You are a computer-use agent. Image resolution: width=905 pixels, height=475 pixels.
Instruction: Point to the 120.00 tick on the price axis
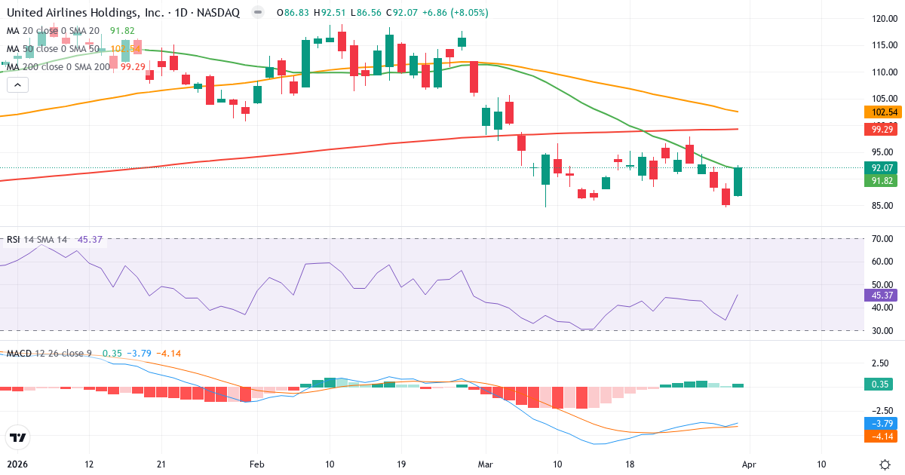[883, 19]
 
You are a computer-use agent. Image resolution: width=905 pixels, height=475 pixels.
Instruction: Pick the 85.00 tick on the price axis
[882, 206]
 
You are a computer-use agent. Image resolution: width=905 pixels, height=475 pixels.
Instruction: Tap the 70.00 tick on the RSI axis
[882, 239]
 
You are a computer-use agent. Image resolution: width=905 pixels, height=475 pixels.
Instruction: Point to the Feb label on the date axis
[257, 464]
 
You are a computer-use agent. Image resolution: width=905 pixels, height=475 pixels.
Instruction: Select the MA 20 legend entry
[53, 31]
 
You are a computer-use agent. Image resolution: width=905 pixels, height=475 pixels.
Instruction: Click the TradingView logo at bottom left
[17, 437]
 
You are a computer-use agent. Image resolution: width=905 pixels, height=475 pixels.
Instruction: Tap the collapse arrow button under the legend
[17, 85]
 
